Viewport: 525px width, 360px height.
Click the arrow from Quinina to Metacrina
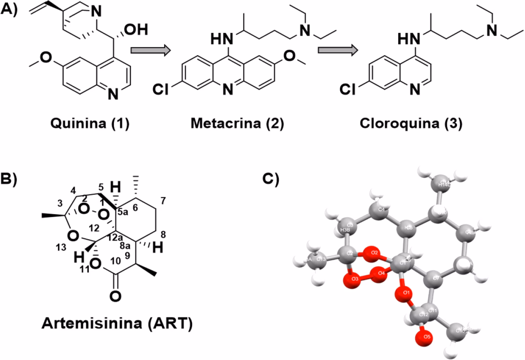[x=149, y=51]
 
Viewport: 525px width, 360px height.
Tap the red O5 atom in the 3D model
[x=425, y=336]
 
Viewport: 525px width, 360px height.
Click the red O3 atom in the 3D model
[x=352, y=280]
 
